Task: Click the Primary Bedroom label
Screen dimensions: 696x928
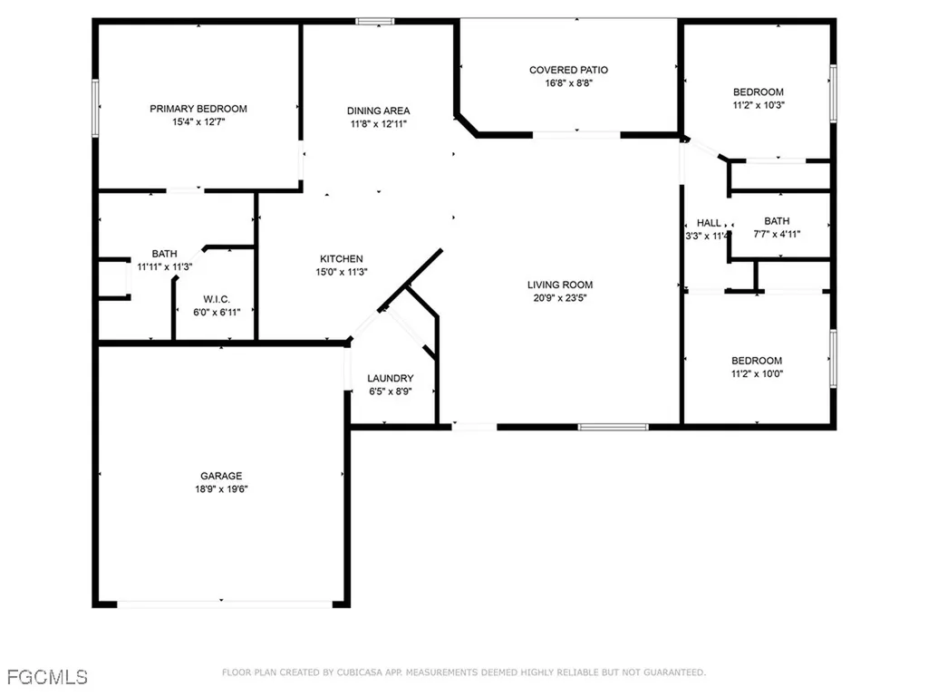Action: click(198, 109)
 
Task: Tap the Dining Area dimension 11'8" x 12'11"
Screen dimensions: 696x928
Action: click(379, 124)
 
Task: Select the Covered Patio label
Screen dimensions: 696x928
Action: click(568, 70)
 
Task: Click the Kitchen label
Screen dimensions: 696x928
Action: click(341, 258)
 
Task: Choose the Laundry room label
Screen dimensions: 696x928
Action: click(391, 378)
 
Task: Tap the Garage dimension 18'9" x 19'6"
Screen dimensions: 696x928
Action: click(221, 489)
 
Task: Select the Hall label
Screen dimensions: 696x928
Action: click(709, 222)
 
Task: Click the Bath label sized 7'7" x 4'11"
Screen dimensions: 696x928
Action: click(777, 221)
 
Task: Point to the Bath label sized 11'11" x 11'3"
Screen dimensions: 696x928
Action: click(164, 254)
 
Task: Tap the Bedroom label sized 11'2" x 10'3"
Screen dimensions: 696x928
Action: click(758, 92)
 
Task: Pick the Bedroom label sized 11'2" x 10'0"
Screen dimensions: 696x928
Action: click(758, 360)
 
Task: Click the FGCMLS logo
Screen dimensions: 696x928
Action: click(47, 676)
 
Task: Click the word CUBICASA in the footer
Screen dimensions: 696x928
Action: click(348, 672)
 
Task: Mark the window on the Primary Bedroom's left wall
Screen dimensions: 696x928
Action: click(94, 109)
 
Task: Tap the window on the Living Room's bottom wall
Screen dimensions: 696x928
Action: click(614, 426)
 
